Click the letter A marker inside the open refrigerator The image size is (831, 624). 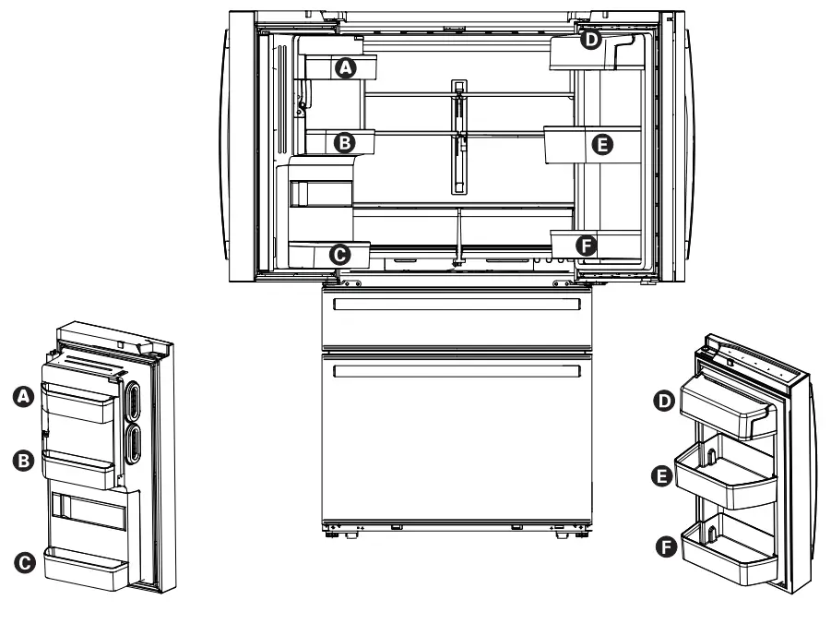point(345,67)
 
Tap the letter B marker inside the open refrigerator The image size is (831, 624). point(345,142)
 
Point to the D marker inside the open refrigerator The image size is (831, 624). point(590,40)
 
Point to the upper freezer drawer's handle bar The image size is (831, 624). point(457,305)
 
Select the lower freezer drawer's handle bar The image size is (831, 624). point(457,371)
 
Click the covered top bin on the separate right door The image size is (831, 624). point(724,404)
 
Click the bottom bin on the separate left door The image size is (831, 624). point(83,570)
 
